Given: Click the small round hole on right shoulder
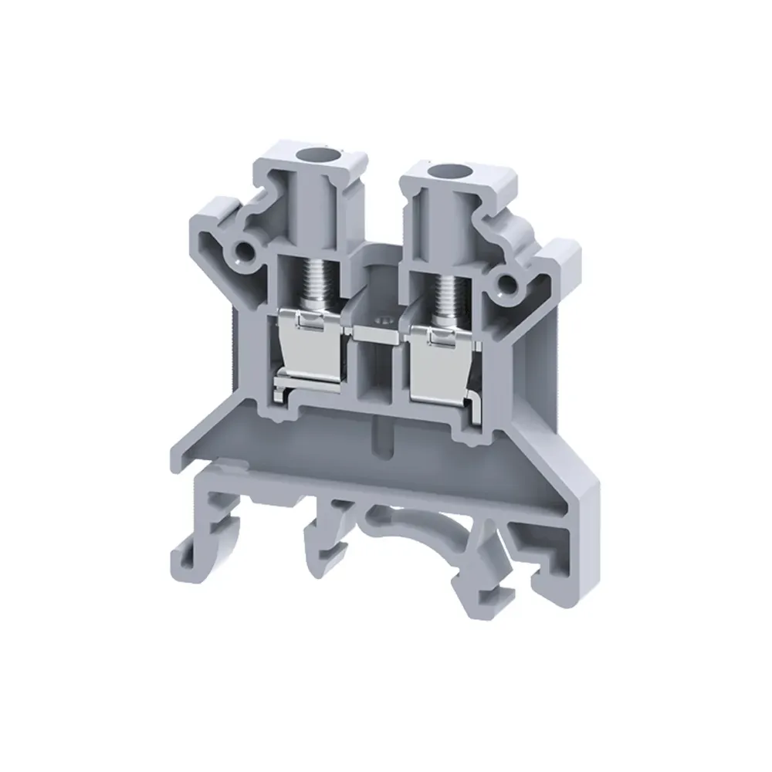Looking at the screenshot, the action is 508,286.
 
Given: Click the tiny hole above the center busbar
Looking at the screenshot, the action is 378,317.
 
